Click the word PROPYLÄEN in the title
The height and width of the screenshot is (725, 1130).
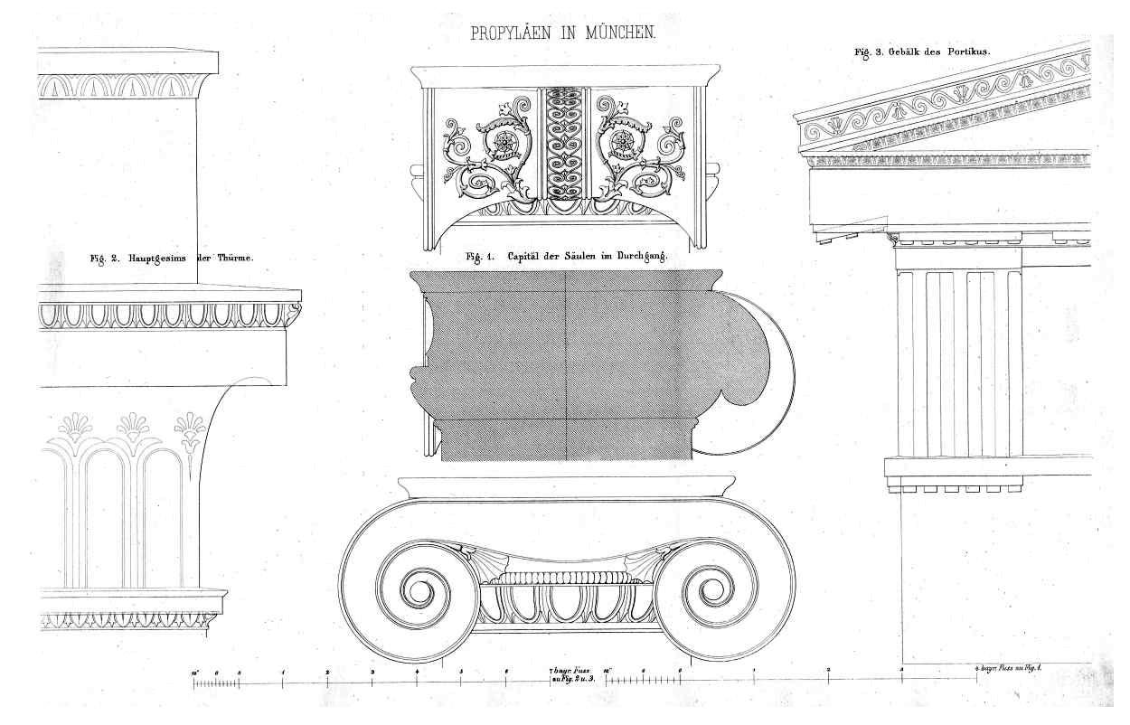tap(513, 33)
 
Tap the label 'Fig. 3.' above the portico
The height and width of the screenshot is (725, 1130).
tap(871, 52)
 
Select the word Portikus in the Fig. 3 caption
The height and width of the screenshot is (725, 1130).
tap(967, 52)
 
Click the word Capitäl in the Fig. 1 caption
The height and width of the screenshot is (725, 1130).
tap(528, 257)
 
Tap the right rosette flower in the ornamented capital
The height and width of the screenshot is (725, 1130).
tap(623, 143)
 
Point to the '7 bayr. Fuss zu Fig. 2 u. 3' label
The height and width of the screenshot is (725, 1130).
tap(570, 673)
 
